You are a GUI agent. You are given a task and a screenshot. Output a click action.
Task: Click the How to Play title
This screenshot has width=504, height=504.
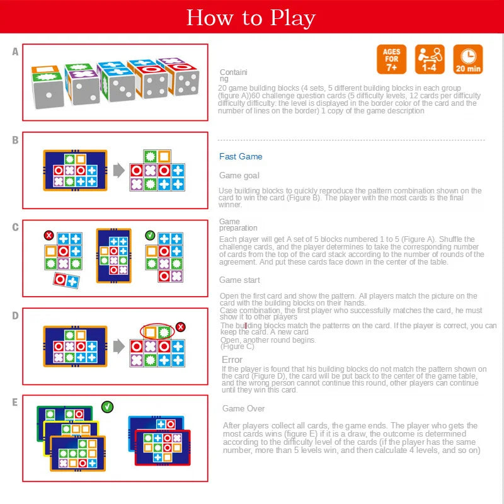[251, 18]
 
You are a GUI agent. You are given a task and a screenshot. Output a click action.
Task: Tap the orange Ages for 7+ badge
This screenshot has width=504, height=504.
[392, 59]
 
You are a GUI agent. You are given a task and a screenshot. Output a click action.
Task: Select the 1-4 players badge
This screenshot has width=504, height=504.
[430, 59]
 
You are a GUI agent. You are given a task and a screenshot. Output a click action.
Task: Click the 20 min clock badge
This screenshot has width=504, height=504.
[467, 59]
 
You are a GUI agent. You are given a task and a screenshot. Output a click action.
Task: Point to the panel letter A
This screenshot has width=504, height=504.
[15, 52]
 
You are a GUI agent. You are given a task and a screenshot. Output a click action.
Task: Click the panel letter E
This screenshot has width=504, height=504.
[15, 402]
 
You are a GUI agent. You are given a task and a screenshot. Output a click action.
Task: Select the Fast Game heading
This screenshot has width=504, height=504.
[241, 156]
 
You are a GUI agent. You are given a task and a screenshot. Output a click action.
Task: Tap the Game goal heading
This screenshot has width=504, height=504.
[239, 175]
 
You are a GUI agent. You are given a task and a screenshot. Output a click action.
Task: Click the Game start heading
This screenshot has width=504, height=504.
[239, 280]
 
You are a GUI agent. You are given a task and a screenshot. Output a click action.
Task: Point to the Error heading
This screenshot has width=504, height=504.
[232, 360]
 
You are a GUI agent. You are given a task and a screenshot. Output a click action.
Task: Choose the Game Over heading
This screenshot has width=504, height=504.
[243, 408]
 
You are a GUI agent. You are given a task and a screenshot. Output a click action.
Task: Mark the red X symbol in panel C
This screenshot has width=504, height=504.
[49, 236]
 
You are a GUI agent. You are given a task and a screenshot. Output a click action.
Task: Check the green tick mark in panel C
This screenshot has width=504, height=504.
[150, 235]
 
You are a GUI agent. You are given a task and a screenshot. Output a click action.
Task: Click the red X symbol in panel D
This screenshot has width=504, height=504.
[181, 326]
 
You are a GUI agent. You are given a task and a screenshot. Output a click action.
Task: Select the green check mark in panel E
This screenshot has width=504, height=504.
[107, 407]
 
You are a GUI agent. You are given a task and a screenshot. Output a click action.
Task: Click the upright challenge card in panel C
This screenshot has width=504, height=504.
[113, 256]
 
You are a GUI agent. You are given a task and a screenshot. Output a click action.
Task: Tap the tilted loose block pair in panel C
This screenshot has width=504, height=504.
[65, 280]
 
